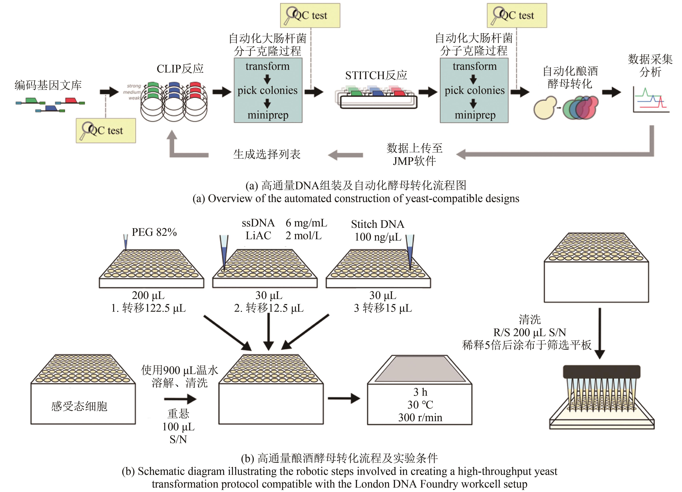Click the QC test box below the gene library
[x=106, y=130]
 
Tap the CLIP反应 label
[x=180, y=69]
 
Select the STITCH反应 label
[x=376, y=75]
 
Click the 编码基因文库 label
[x=48, y=85]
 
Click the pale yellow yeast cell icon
[x=545, y=108]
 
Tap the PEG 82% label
[x=154, y=232]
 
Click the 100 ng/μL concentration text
[x=378, y=237]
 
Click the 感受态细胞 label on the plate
[x=79, y=406]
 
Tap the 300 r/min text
[x=420, y=417]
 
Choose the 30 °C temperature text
[x=420, y=405]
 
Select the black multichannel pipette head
[x=601, y=371]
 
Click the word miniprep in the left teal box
[x=268, y=115]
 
